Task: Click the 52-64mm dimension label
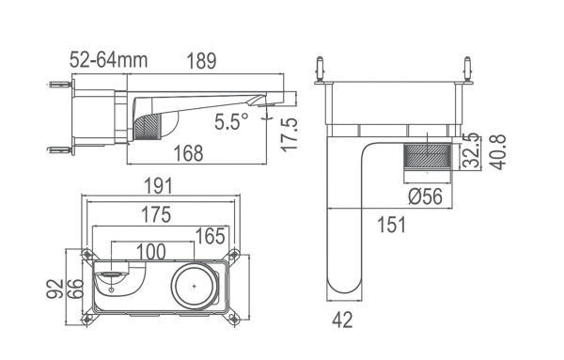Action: pyautogui.click(x=108, y=60)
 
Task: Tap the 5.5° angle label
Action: pyautogui.click(x=230, y=121)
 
